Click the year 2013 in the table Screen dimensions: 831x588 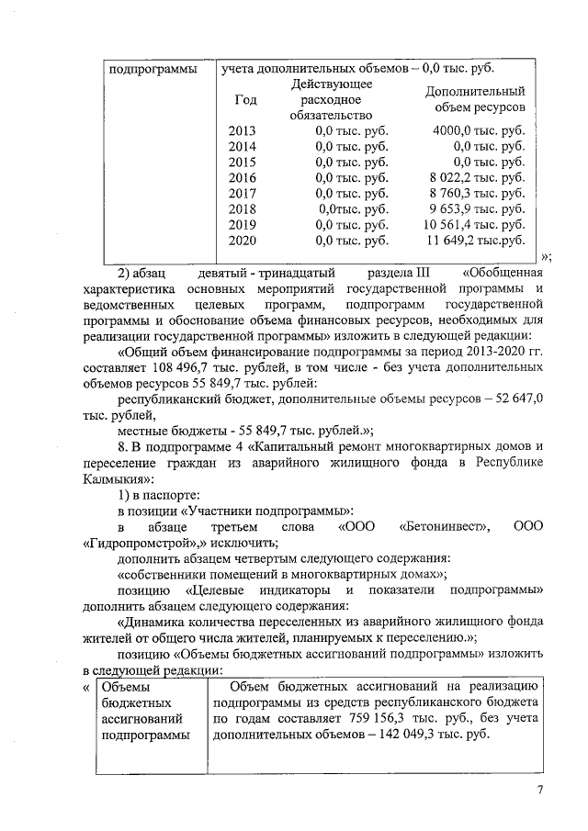242,130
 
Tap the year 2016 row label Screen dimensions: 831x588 242,177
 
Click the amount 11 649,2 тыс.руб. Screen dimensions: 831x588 475,241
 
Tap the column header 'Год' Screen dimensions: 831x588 246,99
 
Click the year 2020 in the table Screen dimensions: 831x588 242,241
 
